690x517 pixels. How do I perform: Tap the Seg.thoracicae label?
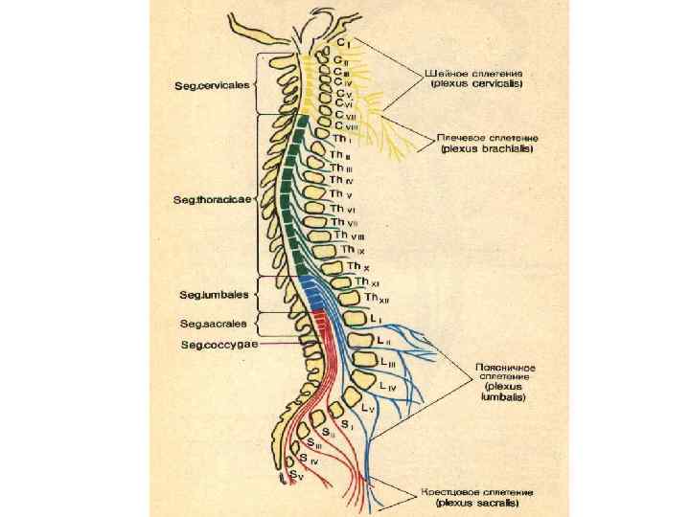point(212,200)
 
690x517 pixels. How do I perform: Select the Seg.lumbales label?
point(214,294)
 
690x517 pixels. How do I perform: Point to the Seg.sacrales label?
point(213,324)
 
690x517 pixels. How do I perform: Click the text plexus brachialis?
point(486,148)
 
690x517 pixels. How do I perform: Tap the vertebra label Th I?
point(342,139)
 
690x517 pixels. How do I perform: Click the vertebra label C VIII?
point(347,125)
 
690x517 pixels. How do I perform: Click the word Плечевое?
point(462,137)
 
